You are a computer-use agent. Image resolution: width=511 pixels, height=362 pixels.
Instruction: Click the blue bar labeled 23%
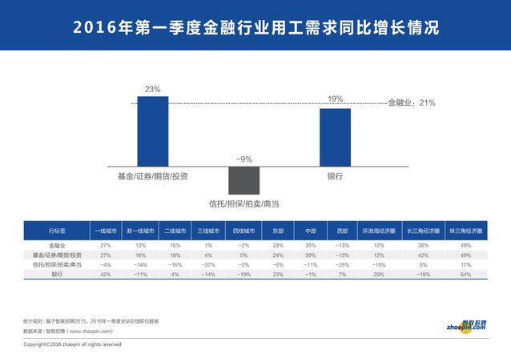(153, 131)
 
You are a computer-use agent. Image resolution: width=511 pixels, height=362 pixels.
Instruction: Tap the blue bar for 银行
(335, 136)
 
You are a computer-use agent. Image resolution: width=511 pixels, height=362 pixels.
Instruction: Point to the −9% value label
(244, 159)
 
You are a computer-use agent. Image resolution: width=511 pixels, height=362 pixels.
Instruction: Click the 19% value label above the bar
(335, 99)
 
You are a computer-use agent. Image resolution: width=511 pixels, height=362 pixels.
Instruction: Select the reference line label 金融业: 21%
(411, 103)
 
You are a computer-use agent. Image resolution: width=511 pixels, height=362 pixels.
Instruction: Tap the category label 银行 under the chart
(335, 175)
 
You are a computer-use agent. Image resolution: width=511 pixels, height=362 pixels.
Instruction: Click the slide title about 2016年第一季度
(255, 26)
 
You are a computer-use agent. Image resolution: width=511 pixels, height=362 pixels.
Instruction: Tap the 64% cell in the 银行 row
(465, 275)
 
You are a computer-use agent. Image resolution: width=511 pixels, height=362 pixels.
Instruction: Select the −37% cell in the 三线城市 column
(208, 264)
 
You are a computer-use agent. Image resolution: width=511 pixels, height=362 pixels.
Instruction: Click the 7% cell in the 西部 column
(342, 275)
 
